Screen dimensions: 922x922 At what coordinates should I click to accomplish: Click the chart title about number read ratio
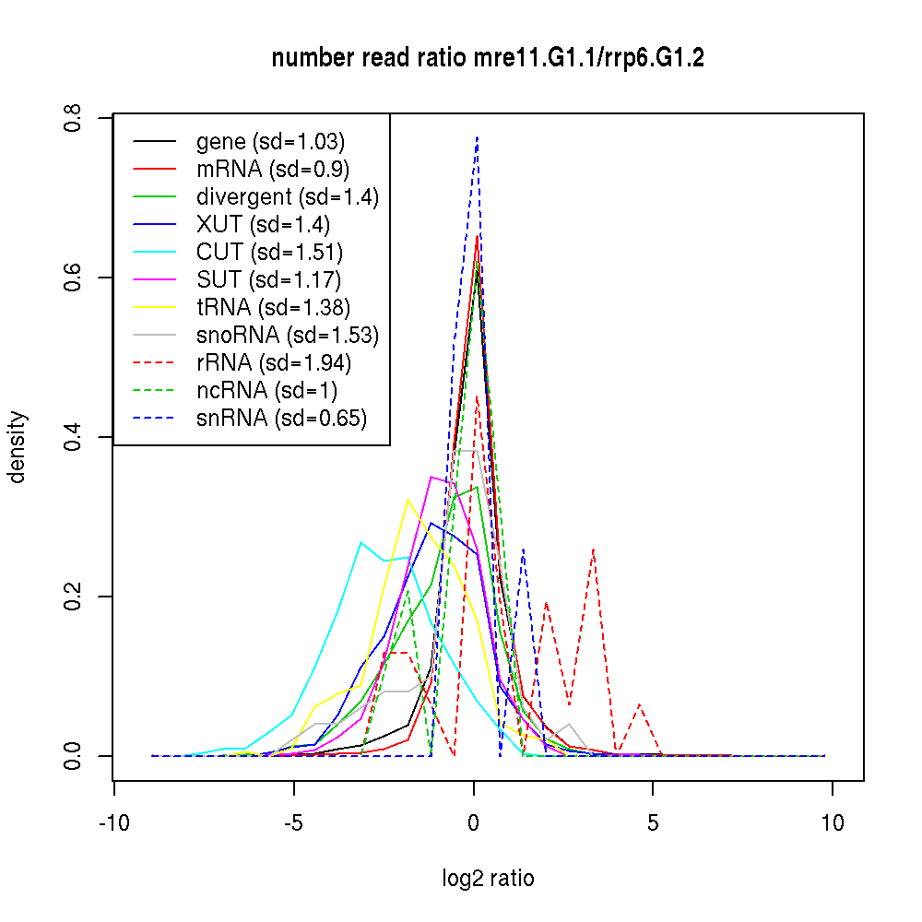tap(488, 59)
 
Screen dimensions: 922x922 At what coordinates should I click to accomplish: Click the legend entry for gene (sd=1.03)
tap(270, 142)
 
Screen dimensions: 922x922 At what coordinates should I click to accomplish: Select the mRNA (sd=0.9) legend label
tap(272, 170)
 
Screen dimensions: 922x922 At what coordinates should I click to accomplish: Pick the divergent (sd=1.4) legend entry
tap(288, 197)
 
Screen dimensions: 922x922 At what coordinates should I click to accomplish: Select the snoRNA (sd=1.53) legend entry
tap(288, 336)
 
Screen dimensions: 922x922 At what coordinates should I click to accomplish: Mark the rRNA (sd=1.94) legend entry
tap(274, 363)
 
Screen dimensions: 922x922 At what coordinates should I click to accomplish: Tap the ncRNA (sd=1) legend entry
tap(267, 391)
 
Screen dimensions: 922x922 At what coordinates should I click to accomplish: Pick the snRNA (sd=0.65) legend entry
tap(281, 419)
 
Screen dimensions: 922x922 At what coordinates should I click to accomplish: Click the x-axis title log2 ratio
tap(488, 879)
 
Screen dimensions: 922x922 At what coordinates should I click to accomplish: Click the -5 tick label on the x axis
tap(293, 823)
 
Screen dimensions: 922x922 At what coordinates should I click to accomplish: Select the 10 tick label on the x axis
tap(833, 823)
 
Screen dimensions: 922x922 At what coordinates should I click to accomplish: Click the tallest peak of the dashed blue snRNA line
tap(477, 137)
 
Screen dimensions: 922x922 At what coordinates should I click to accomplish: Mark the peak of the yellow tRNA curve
tap(408, 500)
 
